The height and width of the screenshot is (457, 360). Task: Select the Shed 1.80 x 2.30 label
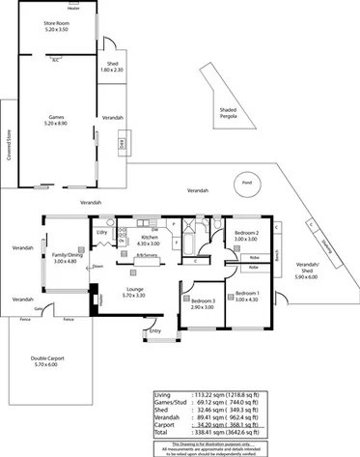click(x=113, y=67)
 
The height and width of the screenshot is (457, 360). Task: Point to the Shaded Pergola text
click(x=229, y=115)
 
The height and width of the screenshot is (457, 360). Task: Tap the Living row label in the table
click(x=163, y=395)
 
